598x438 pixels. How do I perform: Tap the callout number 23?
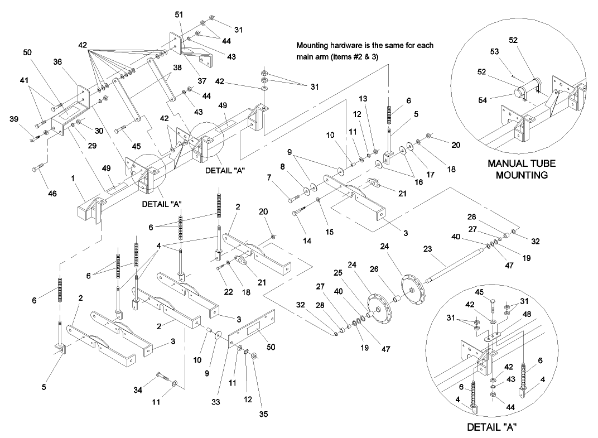[427, 251]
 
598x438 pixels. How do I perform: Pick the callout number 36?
[59, 62]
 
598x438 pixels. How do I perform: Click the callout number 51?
[179, 13]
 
